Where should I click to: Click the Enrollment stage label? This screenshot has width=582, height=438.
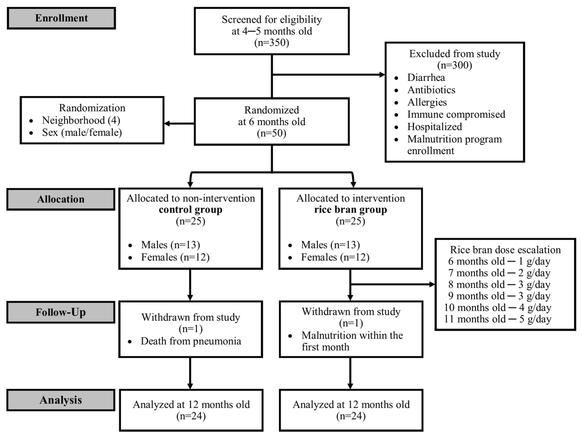tap(61, 18)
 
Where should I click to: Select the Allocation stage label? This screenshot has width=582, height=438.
tap(61, 199)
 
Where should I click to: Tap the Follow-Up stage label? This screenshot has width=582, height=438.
tap(61, 312)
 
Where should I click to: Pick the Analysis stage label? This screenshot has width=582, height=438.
tap(61, 400)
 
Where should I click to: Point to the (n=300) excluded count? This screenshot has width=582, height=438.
tap(454, 65)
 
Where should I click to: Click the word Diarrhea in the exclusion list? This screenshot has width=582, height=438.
tap(426, 78)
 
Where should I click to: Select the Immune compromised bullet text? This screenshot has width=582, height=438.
tap(456, 114)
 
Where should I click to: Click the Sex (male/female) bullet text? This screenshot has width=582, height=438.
tap(82, 132)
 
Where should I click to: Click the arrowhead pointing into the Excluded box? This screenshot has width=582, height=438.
tap(382, 75)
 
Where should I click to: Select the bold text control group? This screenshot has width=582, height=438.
tap(191, 210)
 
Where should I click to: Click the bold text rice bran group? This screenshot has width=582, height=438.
tap(350, 210)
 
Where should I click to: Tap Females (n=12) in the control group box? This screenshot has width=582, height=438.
tap(175, 257)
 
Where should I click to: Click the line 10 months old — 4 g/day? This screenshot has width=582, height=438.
tap(498, 308)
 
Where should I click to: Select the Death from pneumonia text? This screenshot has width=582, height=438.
tap(191, 341)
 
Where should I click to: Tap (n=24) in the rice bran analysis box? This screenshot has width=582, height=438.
tap(351, 416)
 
